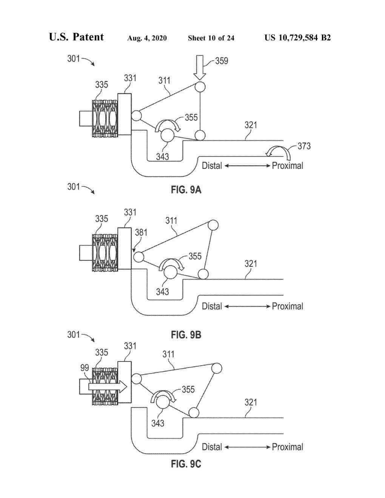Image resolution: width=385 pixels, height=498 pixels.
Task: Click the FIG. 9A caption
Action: point(186,190)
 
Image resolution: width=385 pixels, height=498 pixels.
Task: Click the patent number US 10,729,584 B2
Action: point(298,38)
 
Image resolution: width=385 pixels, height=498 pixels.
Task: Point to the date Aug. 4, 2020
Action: point(147,38)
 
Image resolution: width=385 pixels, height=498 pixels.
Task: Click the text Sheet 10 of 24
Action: point(211,38)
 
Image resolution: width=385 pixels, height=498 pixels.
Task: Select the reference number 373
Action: point(304,146)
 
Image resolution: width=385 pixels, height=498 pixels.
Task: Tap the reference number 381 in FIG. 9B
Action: point(141,232)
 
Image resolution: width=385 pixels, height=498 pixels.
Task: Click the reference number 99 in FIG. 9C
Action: point(85,368)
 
